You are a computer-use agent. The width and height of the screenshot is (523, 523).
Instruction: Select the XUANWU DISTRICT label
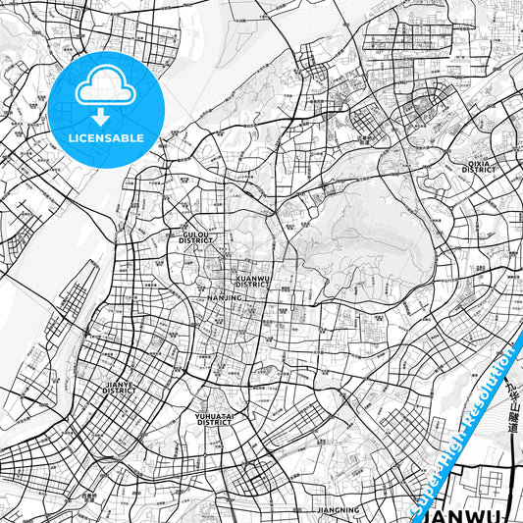pos(252,282)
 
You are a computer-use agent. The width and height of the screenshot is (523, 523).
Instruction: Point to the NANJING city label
pos(225,297)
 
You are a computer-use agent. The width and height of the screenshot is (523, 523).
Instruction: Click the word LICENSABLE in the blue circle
pos(106,137)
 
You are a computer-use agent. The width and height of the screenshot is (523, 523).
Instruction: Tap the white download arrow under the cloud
pos(102,116)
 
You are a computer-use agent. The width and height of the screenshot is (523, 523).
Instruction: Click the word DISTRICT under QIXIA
pos(478,170)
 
